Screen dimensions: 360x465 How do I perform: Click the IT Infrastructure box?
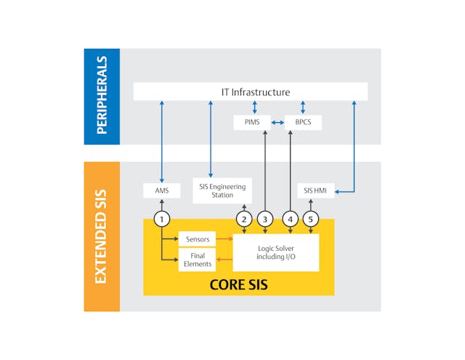click(251, 92)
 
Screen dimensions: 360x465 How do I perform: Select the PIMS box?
click(251, 122)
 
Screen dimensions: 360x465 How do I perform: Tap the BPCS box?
click(302, 122)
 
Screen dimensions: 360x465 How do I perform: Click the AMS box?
click(161, 191)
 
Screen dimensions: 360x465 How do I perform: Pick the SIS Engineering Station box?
click(222, 191)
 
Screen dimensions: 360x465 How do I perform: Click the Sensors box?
click(198, 239)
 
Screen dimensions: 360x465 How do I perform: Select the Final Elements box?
click(198, 260)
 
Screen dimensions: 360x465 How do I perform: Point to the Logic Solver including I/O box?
click(275, 252)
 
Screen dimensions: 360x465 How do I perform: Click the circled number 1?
click(161, 218)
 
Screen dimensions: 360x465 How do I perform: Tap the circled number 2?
click(244, 218)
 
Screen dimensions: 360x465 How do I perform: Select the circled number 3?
click(265, 218)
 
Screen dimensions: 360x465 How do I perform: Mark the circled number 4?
click(291, 218)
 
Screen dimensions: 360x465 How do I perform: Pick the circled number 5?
click(312, 218)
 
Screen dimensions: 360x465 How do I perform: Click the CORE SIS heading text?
click(238, 284)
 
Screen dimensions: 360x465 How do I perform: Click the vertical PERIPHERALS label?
click(102, 96)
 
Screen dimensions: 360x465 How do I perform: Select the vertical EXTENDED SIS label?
click(102, 236)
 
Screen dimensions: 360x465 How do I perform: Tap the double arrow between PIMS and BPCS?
click(278, 122)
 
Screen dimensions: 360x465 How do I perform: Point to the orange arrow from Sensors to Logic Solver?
click(224, 239)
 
